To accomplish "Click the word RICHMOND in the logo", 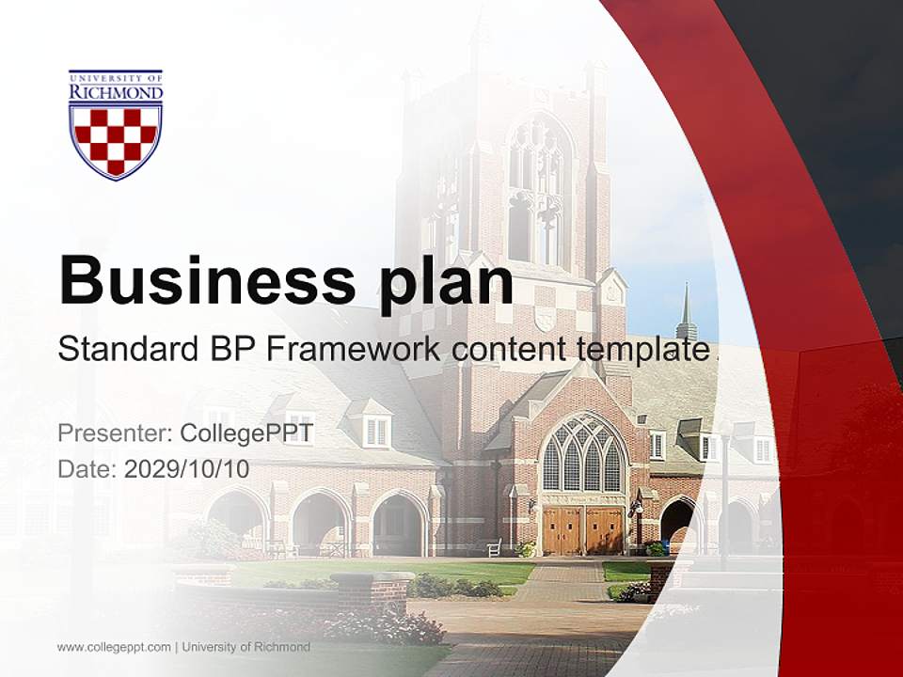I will click(x=116, y=92).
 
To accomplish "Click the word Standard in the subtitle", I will click(x=122, y=349).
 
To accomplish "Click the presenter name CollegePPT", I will click(x=246, y=433).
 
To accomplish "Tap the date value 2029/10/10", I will click(x=187, y=469).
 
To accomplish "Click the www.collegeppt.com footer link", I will click(x=114, y=647).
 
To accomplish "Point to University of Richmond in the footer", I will click(x=246, y=647).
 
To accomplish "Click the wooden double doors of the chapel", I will click(x=583, y=530).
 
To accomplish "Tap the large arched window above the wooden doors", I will click(x=582, y=453).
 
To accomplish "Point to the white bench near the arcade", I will click(x=494, y=546).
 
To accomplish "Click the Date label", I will click(x=87, y=469).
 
